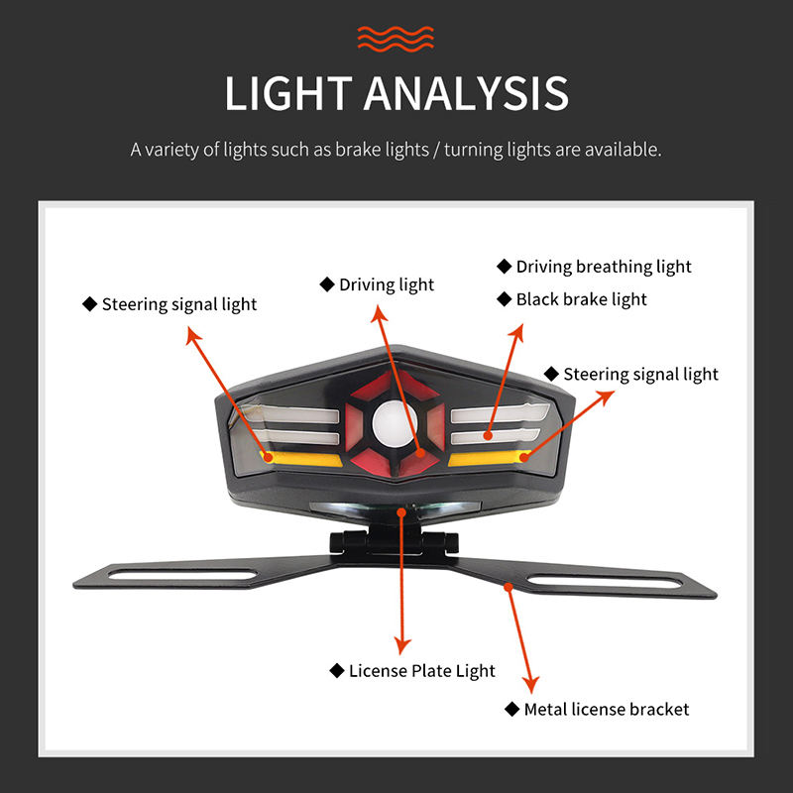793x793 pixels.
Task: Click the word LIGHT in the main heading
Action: (287, 93)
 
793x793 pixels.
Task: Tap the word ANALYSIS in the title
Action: (465, 93)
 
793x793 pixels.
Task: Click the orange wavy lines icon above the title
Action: (396, 39)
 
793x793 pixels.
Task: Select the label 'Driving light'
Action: (386, 284)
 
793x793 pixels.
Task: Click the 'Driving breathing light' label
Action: (603, 266)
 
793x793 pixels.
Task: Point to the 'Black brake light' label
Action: (581, 298)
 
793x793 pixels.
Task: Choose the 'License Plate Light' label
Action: (421, 671)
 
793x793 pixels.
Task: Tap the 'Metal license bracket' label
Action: (606, 709)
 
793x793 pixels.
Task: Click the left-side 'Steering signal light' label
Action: (178, 304)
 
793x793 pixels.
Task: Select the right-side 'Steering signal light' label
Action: (640, 374)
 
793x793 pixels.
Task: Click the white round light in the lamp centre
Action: (396, 424)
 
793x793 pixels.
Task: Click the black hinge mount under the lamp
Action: (395, 541)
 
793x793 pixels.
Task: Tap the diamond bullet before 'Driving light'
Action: (326, 284)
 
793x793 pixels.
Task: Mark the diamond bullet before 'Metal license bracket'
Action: (511, 709)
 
